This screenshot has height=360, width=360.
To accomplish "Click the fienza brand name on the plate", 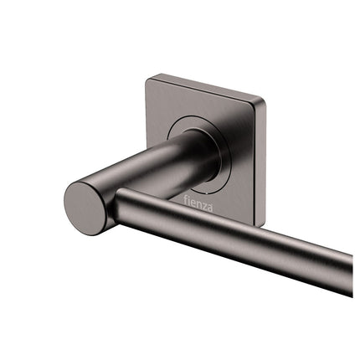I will pos(199,202).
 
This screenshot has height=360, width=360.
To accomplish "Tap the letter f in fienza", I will pos(186,198).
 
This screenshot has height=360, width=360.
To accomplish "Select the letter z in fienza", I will pos(205,203).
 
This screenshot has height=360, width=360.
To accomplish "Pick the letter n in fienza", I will pos(199,202).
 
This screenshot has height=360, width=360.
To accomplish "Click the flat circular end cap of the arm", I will pos(87,204).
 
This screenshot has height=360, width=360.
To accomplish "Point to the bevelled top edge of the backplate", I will pos(205,89).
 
